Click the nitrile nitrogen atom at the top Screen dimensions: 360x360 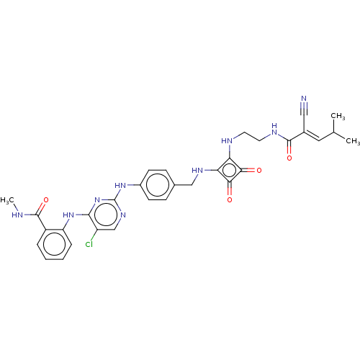click(304, 99)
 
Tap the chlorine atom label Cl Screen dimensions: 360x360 click(89, 244)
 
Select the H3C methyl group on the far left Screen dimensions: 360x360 click(7, 200)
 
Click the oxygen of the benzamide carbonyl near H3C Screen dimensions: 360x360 click(46, 200)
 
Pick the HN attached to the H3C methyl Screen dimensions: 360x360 click(17, 215)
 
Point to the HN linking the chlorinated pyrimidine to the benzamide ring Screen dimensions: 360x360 click(68, 215)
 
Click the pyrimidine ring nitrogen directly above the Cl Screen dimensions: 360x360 click(97, 200)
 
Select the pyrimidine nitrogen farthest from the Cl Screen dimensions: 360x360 click(123, 215)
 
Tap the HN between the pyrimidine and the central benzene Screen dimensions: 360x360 click(120, 185)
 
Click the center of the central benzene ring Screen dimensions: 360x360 click(157, 185)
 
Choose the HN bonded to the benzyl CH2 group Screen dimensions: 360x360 click(197, 171)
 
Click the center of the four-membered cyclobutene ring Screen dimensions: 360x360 click(230, 170)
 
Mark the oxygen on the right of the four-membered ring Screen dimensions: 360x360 click(259, 171)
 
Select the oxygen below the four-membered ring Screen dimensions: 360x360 click(230, 199)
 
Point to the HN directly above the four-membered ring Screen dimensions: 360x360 click(227, 141)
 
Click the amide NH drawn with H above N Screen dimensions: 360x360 click(274, 129)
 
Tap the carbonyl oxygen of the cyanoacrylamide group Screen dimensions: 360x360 click(289, 158)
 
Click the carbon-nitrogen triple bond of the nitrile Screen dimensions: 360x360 click(304, 109)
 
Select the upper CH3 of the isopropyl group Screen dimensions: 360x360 click(338, 116)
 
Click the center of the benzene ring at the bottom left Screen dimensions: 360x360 click(54, 244)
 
